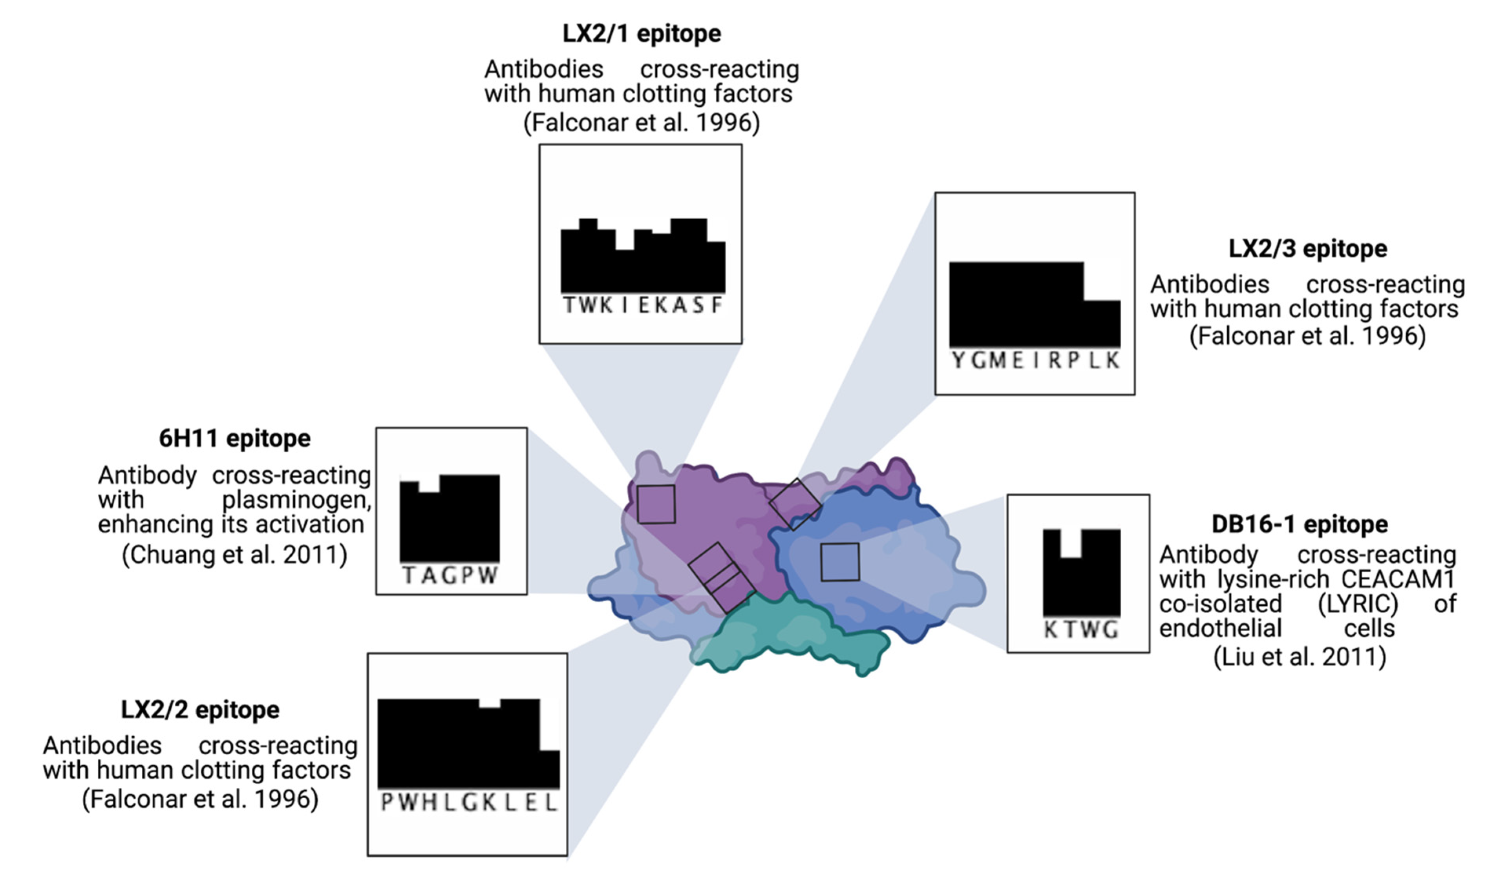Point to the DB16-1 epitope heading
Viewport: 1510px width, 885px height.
click(1300, 524)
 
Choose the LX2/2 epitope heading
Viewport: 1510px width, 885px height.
click(200, 710)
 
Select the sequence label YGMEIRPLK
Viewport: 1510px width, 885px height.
click(1035, 361)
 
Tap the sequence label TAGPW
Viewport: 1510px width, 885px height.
click(450, 575)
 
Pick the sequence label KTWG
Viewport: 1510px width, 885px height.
click(1081, 630)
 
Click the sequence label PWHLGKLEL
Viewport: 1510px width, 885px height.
click(469, 802)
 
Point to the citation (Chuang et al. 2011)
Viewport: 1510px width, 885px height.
click(234, 555)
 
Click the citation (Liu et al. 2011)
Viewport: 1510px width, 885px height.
click(1300, 657)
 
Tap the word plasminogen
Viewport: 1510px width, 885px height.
click(296, 499)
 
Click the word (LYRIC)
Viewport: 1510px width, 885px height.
click(1357, 604)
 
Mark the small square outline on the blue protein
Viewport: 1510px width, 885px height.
click(839, 562)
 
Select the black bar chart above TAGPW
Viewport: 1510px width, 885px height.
click(450, 518)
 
